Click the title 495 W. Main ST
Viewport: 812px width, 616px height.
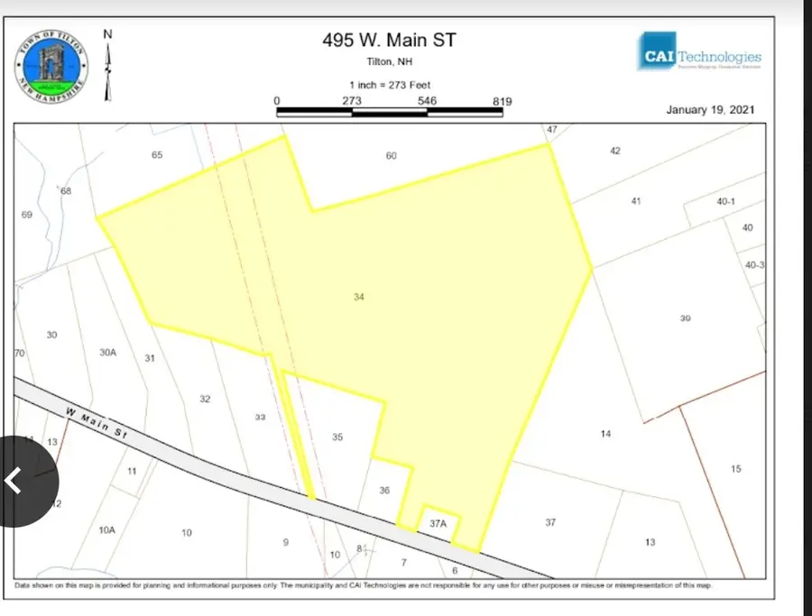pos(391,40)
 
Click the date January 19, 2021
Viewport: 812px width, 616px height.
pos(709,110)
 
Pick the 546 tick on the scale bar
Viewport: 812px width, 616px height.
pos(427,101)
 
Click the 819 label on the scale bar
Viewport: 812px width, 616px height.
pos(503,101)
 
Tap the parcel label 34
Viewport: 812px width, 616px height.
pos(359,297)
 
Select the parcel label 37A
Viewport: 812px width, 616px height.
pos(438,523)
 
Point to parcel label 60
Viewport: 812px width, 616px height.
pos(391,156)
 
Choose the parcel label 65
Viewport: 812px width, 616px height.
pos(157,155)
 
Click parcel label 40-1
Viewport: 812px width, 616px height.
pos(727,202)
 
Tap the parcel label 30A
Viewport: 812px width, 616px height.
pos(108,353)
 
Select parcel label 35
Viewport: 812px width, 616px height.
pos(337,437)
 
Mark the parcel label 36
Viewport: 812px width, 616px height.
pos(384,491)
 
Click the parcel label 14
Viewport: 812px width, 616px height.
pos(605,434)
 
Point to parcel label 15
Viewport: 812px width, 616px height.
pos(736,468)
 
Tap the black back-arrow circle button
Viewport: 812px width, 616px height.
pos(20,481)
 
